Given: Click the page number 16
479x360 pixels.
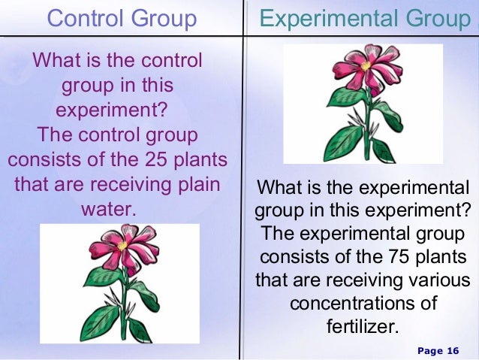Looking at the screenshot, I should coord(452,351).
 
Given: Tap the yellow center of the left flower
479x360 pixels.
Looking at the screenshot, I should coord(122,245).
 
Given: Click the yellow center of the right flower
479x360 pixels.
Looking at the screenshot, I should coord(366,66).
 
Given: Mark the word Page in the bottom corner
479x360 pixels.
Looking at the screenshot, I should coord(429,351).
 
